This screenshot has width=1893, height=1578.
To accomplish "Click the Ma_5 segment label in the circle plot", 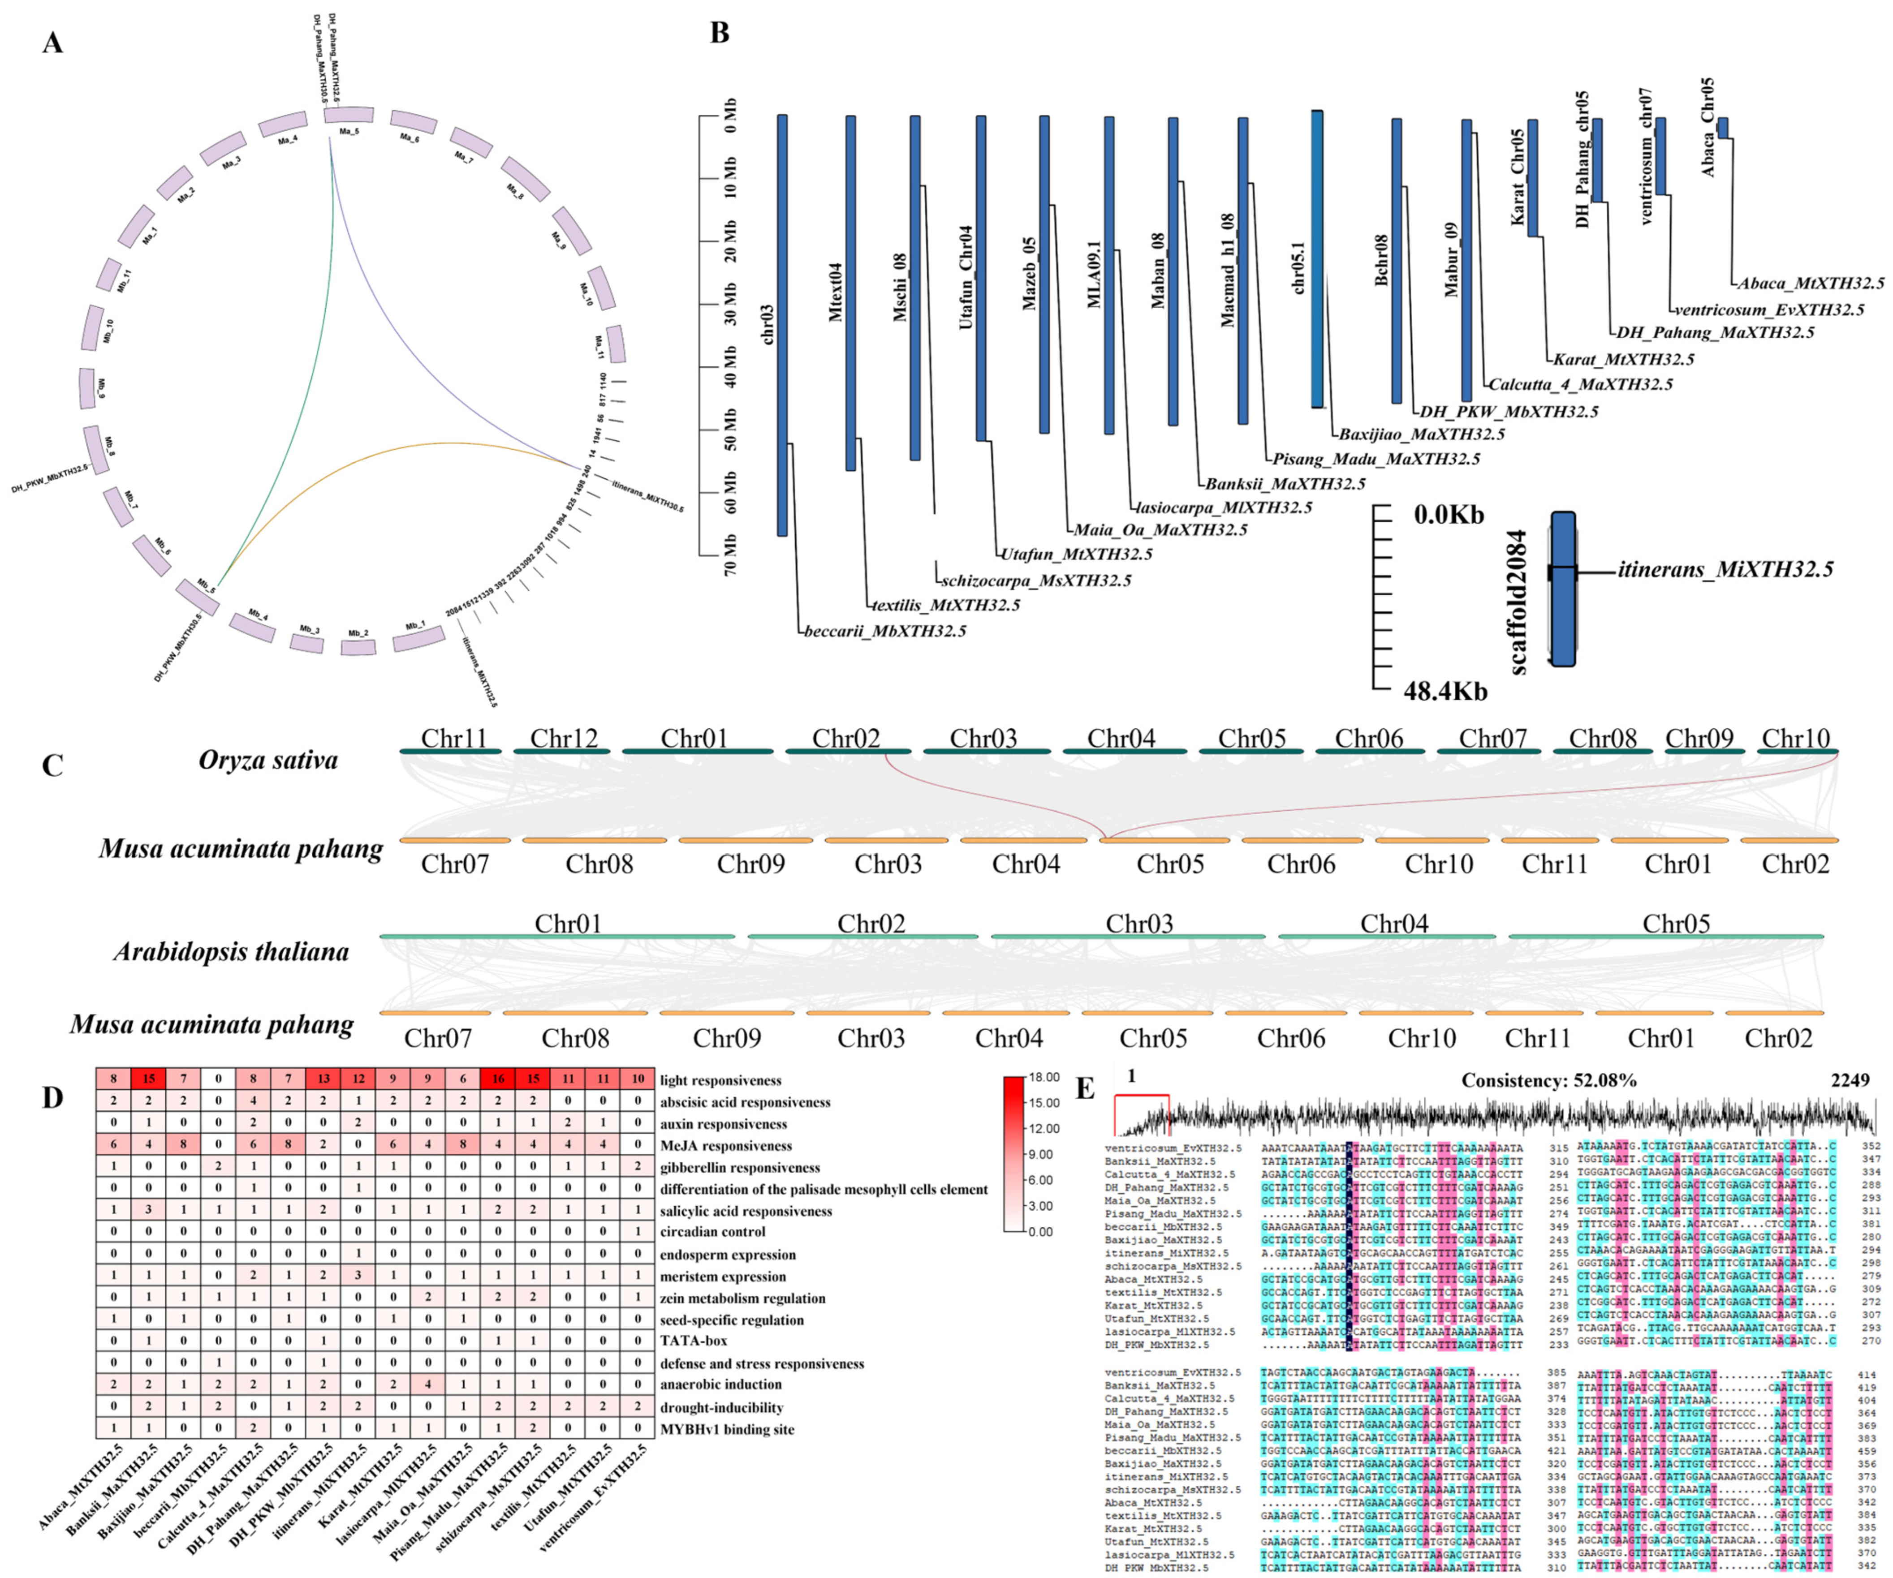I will [349, 132].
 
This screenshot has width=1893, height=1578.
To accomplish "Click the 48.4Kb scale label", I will [1445, 691].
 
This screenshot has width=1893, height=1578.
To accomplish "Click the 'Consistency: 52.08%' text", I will [1548, 1080].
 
